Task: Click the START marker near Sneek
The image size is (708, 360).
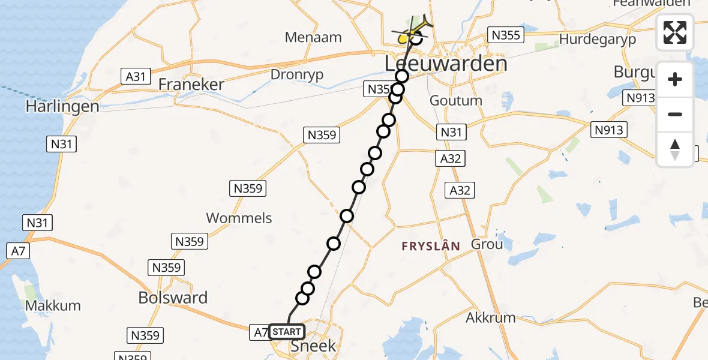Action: pyautogui.click(x=287, y=332)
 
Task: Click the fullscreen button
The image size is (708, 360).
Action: pyautogui.click(x=675, y=32)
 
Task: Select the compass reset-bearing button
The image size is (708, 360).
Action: pyautogui.click(x=675, y=149)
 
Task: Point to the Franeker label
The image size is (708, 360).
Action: pyautogui.click(x=191, y=85)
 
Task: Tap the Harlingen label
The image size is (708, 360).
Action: pyautogui.click(x=62, y=107)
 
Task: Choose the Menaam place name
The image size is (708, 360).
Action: pyautogui.click(x=313, y=37)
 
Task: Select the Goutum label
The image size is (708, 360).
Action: pyautogui.click(x=456, y=100)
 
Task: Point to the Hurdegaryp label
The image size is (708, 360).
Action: pyautogui.click(x=597, y=39)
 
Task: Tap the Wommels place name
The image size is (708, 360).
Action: pyautogui.click(x=239, y=218)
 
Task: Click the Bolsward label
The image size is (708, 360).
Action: pyautogui.click(x=173, y=298)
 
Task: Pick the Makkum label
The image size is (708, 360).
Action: pyautogui.click(x=53, y=305)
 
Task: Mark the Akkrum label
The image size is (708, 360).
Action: pyautogui.click(x=491, y=317)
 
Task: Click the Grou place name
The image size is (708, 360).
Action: pyautogui.click(x=487, y=244)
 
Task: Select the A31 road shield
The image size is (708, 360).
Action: pyautogui.click(x=136, y=76)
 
